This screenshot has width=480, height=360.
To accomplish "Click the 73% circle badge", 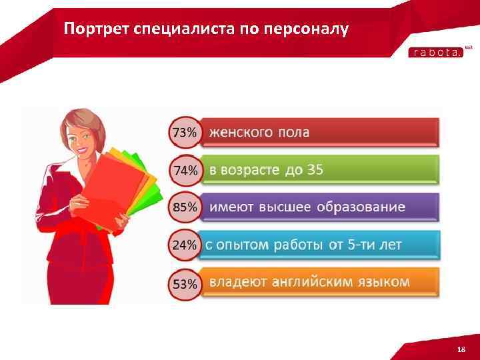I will [185, 132].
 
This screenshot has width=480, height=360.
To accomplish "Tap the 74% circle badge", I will [185, 170].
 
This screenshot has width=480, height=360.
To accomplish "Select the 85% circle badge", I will [185, 207].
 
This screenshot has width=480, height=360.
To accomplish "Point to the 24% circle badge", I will [185, 245].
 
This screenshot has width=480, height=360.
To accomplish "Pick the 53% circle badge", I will [185, 284].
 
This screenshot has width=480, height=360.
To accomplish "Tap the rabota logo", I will [435, 53].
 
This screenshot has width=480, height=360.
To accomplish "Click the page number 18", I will [461, 349].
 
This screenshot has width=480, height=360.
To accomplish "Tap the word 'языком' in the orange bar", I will [385, 282].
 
